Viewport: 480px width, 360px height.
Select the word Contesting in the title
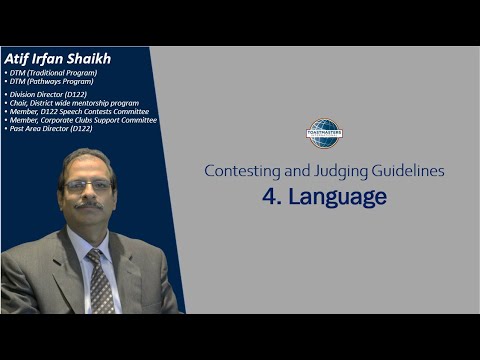(x=239, y=171)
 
